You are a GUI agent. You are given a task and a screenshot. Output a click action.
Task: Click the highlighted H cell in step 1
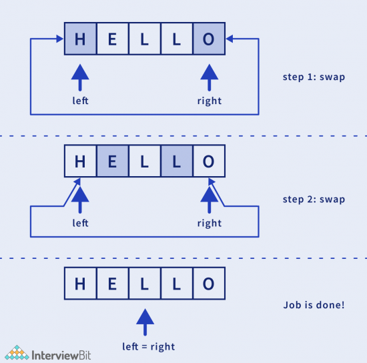click(80, 39)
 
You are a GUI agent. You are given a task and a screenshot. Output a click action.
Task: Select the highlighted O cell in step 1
click(209, 39)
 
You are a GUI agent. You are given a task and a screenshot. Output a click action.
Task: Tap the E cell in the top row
click(112, 39)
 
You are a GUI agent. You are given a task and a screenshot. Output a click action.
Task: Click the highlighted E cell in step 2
click(112, 161)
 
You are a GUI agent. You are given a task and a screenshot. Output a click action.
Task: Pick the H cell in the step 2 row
click(80, 161)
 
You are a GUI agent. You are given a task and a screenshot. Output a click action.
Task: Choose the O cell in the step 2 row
click(209, 161)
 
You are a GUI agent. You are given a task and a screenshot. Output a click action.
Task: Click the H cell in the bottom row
click(80, 284)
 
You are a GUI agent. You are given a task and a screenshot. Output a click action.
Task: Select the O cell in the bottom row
click(209, 284)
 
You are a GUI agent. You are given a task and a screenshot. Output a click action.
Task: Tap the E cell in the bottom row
click(112, 284)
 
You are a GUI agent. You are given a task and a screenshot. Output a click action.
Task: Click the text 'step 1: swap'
click(314, 77)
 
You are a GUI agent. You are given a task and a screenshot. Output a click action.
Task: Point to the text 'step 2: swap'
click(314, 200)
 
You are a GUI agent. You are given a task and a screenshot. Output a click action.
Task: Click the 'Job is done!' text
click(314, 306)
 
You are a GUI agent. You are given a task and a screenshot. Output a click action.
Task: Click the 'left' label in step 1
click(80, 101)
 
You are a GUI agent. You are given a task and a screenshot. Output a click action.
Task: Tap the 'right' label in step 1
click(209, 101)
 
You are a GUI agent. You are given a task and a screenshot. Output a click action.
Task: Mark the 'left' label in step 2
click(80, 224)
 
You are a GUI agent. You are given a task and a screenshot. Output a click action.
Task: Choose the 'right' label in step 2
click(209, 224)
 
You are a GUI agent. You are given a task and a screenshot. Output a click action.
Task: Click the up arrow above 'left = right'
click(145, 322)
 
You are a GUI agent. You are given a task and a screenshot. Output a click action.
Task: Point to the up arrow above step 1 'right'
click(209, 77)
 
